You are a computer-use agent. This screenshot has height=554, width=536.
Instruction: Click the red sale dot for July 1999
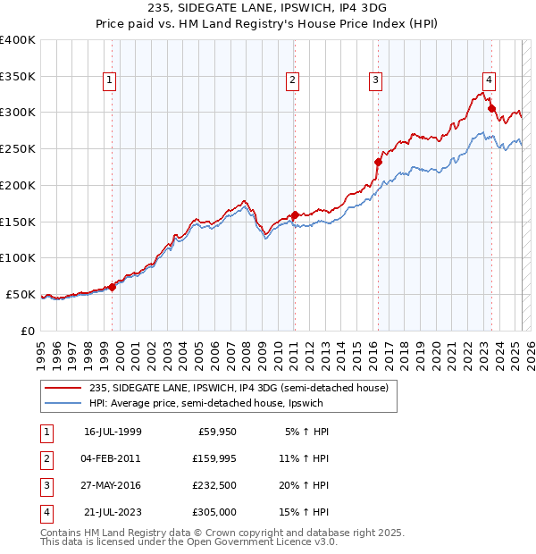(113, 287)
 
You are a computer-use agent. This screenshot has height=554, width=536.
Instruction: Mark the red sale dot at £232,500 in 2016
(378, 162)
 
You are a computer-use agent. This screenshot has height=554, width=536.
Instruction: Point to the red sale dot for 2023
(491, 109)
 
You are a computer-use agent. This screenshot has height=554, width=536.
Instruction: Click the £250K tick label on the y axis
(18, 148)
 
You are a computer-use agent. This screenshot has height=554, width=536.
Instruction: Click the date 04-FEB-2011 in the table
(112, 457)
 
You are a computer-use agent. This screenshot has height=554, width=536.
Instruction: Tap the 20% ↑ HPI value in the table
(303, 485)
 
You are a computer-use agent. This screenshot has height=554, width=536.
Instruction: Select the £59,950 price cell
(214, 431)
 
